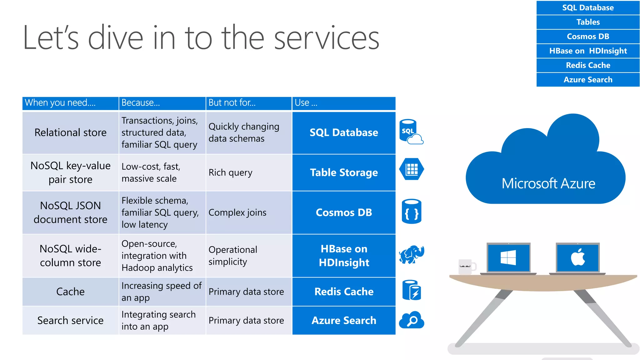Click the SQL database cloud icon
click(411, 132)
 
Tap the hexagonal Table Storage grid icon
click(412, 169)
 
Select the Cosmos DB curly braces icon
click(411, 212)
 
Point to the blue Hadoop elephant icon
click(412, 254)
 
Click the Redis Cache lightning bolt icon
click(412, 290)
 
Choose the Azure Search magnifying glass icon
click(412, 320)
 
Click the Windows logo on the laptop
click(508, 257)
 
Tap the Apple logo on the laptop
click(578, 257)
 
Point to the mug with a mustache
click(466, 267)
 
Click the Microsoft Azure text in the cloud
click(548, 183)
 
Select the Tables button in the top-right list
click(588, 22)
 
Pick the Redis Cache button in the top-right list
click(588, 65)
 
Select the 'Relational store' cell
click(70, 132)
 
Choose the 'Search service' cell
click(70, 320)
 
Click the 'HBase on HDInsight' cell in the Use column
click(344, 255)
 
